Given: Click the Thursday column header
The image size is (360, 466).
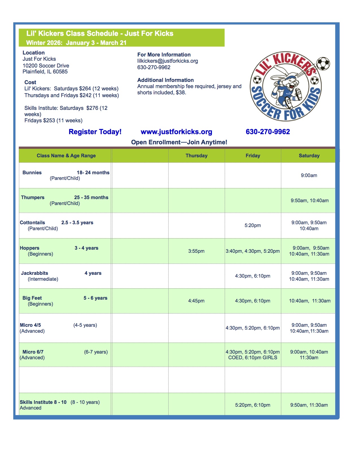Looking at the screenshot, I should click(x=197, y=156).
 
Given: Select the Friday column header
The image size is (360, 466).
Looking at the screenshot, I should click(x=253, y=156).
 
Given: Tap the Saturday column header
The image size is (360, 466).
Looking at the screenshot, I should click(x=309, y=156).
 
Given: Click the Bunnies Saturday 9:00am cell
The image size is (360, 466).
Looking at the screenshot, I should click(x=309, y=175).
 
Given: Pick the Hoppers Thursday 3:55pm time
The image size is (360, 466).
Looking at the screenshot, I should click(x=197, y=251).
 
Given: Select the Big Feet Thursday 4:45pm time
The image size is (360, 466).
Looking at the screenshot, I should click(x=197, y=301).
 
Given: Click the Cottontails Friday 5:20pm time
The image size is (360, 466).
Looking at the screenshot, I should click(x=253, y=225).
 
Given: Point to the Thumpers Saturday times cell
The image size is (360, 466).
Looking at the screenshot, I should click(x=310, y=201).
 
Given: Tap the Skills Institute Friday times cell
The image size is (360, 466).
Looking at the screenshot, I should click(x=253, y=405).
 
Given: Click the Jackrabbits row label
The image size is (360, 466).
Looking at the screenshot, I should click(x=35, y=273).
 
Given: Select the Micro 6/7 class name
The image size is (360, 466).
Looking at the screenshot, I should click(x=33, y=352).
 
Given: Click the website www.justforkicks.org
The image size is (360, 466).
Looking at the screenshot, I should click(x=176, y=132).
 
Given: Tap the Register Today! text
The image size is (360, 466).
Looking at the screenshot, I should click(x=95, y=132).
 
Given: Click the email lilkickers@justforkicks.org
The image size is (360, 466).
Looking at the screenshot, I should click(x=168, y=61).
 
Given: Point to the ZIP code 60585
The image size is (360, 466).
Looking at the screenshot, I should click(x=60, y=72).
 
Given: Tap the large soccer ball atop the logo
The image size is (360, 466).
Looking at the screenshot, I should click(x=323, y=64).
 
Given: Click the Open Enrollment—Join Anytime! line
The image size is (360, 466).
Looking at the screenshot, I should click(x=179, y=142).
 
